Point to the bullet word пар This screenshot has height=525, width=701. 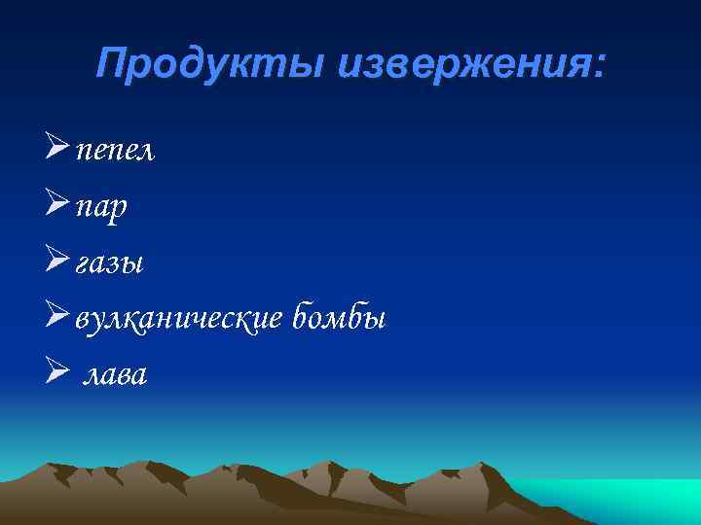pyautogui.click(x=101, y=208)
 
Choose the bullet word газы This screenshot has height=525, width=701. pyautogui.click(x=107, y=263)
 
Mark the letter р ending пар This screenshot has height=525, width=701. pyautogui.click(x=119, y=211)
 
